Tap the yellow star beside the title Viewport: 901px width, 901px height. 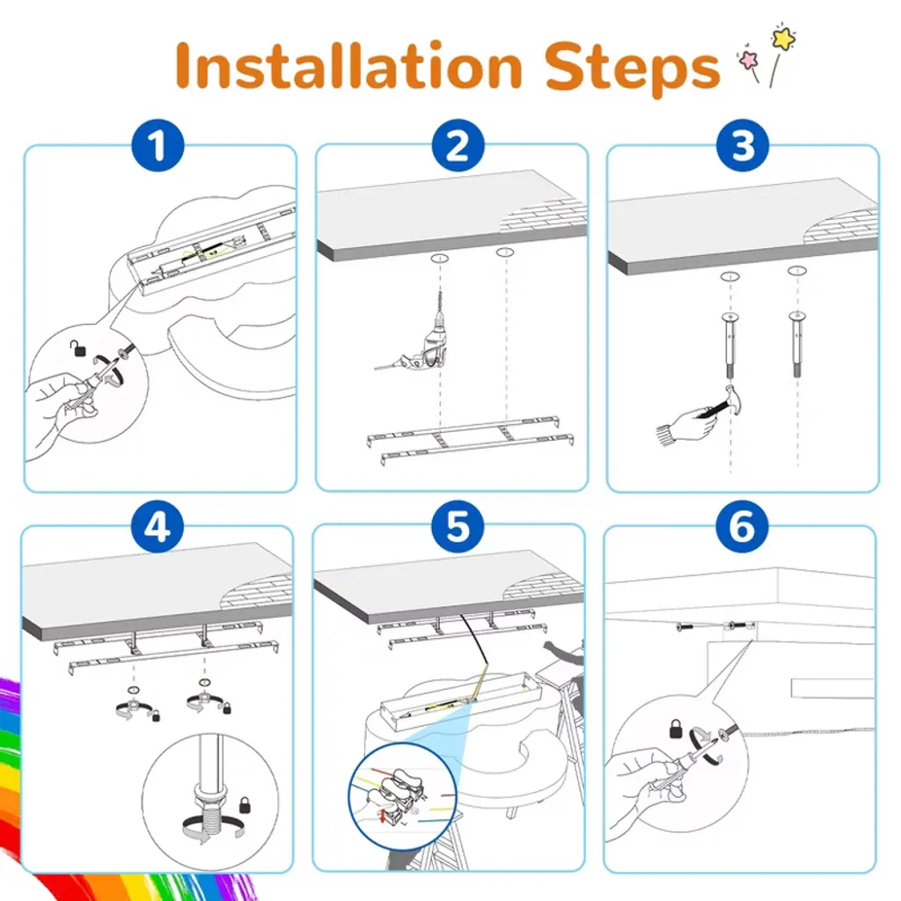[783, 38]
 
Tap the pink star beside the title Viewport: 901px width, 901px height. [749, 59]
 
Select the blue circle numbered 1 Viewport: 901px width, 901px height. [157, 145]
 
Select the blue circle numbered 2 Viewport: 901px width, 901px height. [458, 145]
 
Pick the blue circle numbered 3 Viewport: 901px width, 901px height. [743, 145]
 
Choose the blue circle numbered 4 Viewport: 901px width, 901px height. [157, 526]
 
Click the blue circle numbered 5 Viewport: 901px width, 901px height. [458, 526]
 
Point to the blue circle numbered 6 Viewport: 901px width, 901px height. [743, 526]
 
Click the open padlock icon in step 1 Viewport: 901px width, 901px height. [78, 348]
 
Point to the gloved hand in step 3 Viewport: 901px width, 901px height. [688, 425]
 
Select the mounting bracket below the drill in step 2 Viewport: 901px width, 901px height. [470, 438]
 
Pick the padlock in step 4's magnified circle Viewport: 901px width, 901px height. [245, 804]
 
